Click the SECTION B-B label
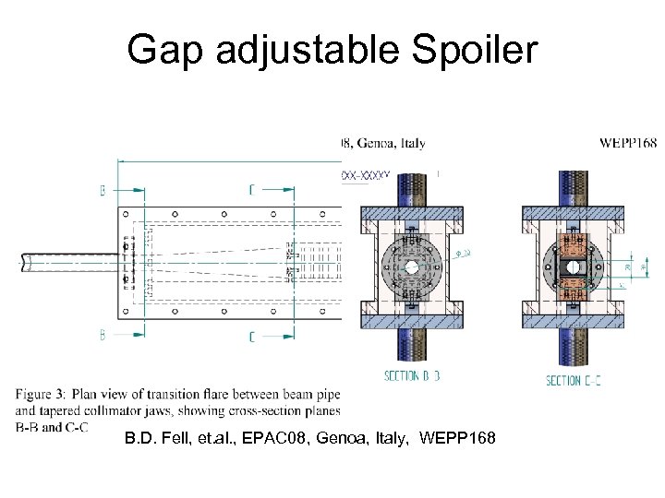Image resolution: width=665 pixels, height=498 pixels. coord(412,375)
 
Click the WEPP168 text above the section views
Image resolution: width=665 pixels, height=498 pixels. coord(627,143)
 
